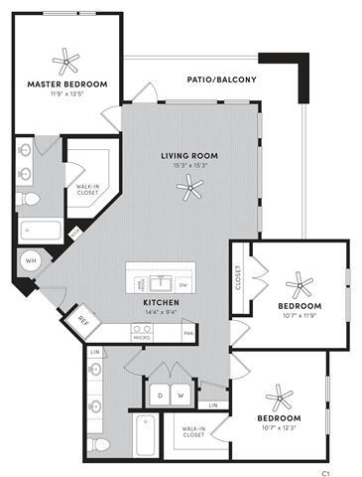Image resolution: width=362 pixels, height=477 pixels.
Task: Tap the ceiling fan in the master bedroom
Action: tap(67, 63)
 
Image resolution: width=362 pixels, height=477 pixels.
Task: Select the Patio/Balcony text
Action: tap(222, 79)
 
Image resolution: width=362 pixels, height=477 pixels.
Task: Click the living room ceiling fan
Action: tap(190, 195)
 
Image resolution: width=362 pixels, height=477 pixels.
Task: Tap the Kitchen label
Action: tap(161, 301)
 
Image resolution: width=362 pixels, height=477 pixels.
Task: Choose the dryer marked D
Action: tap(158, 395)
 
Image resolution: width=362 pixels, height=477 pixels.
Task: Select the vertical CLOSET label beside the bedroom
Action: tap(238, 277)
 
